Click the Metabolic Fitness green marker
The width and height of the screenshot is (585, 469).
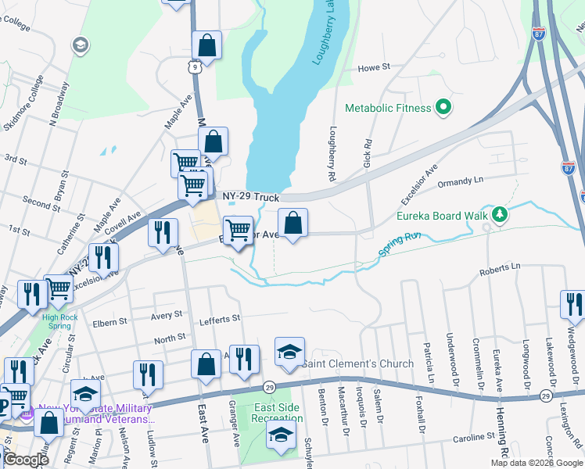point(443,107)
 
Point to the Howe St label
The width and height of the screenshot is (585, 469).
point(374,69)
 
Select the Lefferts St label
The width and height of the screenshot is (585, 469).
point(222,319)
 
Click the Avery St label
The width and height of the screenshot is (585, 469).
point(167,314)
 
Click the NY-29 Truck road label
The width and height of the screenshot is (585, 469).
point(250,198)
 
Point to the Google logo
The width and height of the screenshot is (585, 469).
point(26,460)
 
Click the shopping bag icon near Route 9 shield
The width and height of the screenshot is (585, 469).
point(206,45)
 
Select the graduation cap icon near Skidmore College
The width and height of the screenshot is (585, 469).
point(79,45)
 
